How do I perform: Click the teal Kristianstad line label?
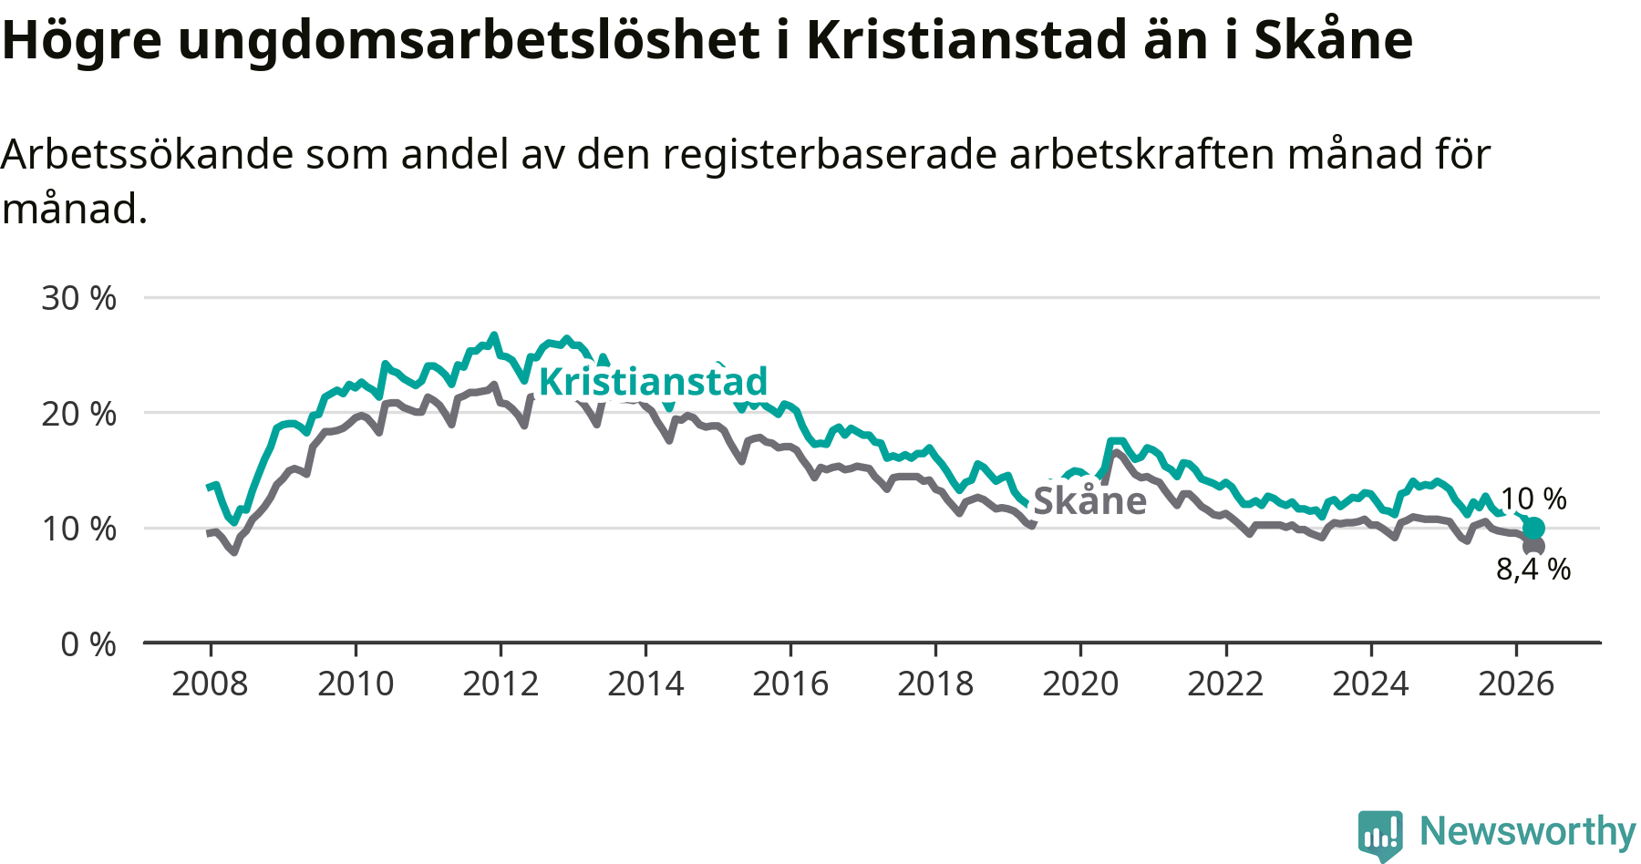point(653,381)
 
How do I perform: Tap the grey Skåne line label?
point(1089,500)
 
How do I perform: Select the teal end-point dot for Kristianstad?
point(1533,528)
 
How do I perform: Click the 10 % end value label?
point(1533,499)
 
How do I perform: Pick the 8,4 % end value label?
point(1533,570)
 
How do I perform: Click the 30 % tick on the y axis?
point(79,298)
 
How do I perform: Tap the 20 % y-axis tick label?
point(79,414)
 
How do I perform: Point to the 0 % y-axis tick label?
point(88,644)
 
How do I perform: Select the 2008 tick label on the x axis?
point(210,684)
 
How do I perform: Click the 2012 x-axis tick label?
point(501,684)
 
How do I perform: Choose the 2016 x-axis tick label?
point(790,684)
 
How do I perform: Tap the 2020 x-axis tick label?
point(1080,684)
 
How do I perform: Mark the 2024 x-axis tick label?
point(1370,684)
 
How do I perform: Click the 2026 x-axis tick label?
point(1515,684)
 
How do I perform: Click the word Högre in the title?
point(82,41)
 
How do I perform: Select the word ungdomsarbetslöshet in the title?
point(469,41)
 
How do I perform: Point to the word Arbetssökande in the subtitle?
point(147,154)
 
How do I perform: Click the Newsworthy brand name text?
point(1528,831)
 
